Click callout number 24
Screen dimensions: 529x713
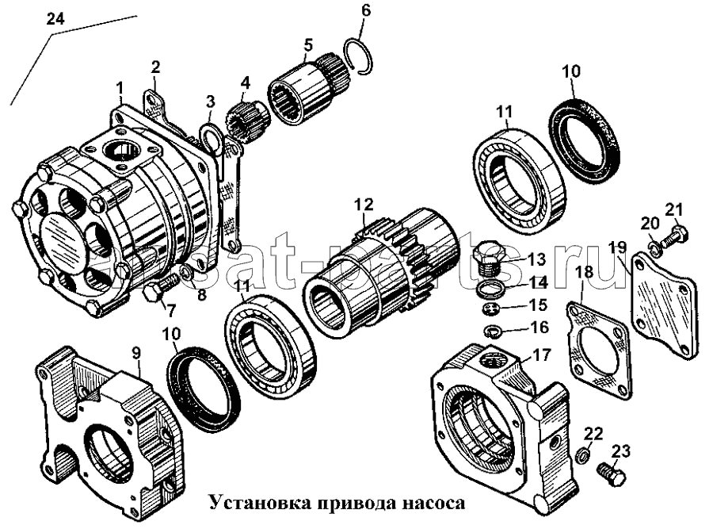point(55,20)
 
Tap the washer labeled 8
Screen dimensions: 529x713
point(184,275)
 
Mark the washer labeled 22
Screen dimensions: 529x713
point(582,455)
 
